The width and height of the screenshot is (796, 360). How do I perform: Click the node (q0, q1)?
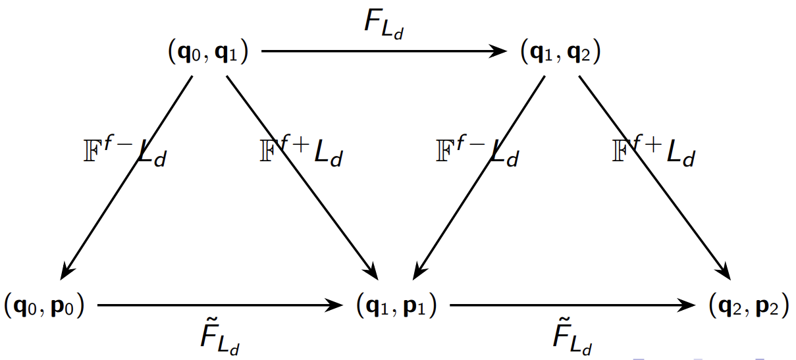pos(208,53)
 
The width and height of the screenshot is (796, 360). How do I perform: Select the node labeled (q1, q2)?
pos(560,53)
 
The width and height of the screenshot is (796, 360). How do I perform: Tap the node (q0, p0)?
pos(45,306)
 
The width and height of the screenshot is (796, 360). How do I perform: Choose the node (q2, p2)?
pos(749,306)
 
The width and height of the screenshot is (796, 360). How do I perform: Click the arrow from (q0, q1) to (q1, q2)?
pos(382,51)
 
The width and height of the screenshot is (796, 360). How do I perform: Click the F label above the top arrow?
pos(383,26)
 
